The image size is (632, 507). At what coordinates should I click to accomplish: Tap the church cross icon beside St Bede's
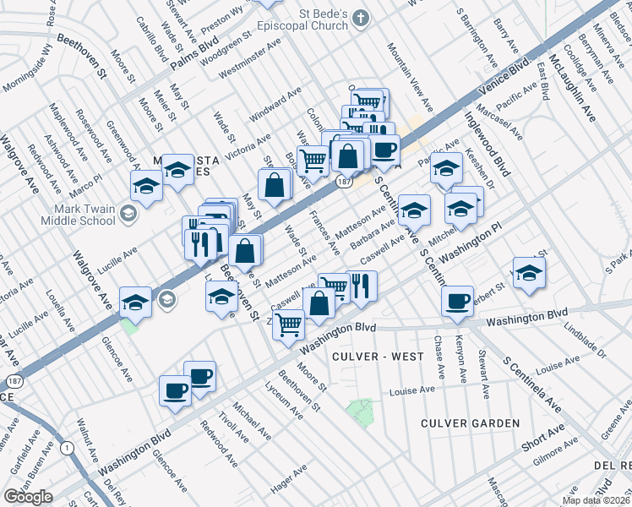(361, 18)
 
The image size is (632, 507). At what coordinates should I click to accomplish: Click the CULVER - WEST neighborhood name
(378, 357)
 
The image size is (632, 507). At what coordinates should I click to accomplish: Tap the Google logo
(28, 497)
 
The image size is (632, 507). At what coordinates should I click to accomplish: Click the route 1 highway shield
(67, 447)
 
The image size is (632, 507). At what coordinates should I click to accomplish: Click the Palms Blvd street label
(194, 55)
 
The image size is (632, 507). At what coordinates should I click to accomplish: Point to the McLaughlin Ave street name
(567, 85)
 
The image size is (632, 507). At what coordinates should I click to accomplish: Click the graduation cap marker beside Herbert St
(529, 274)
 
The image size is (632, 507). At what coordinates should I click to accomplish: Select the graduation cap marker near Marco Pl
(146, 187)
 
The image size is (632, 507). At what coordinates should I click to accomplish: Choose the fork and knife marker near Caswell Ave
(362, 286)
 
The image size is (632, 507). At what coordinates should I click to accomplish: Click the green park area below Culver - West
(361, 411)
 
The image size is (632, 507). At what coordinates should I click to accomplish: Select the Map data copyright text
(596, 500)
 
